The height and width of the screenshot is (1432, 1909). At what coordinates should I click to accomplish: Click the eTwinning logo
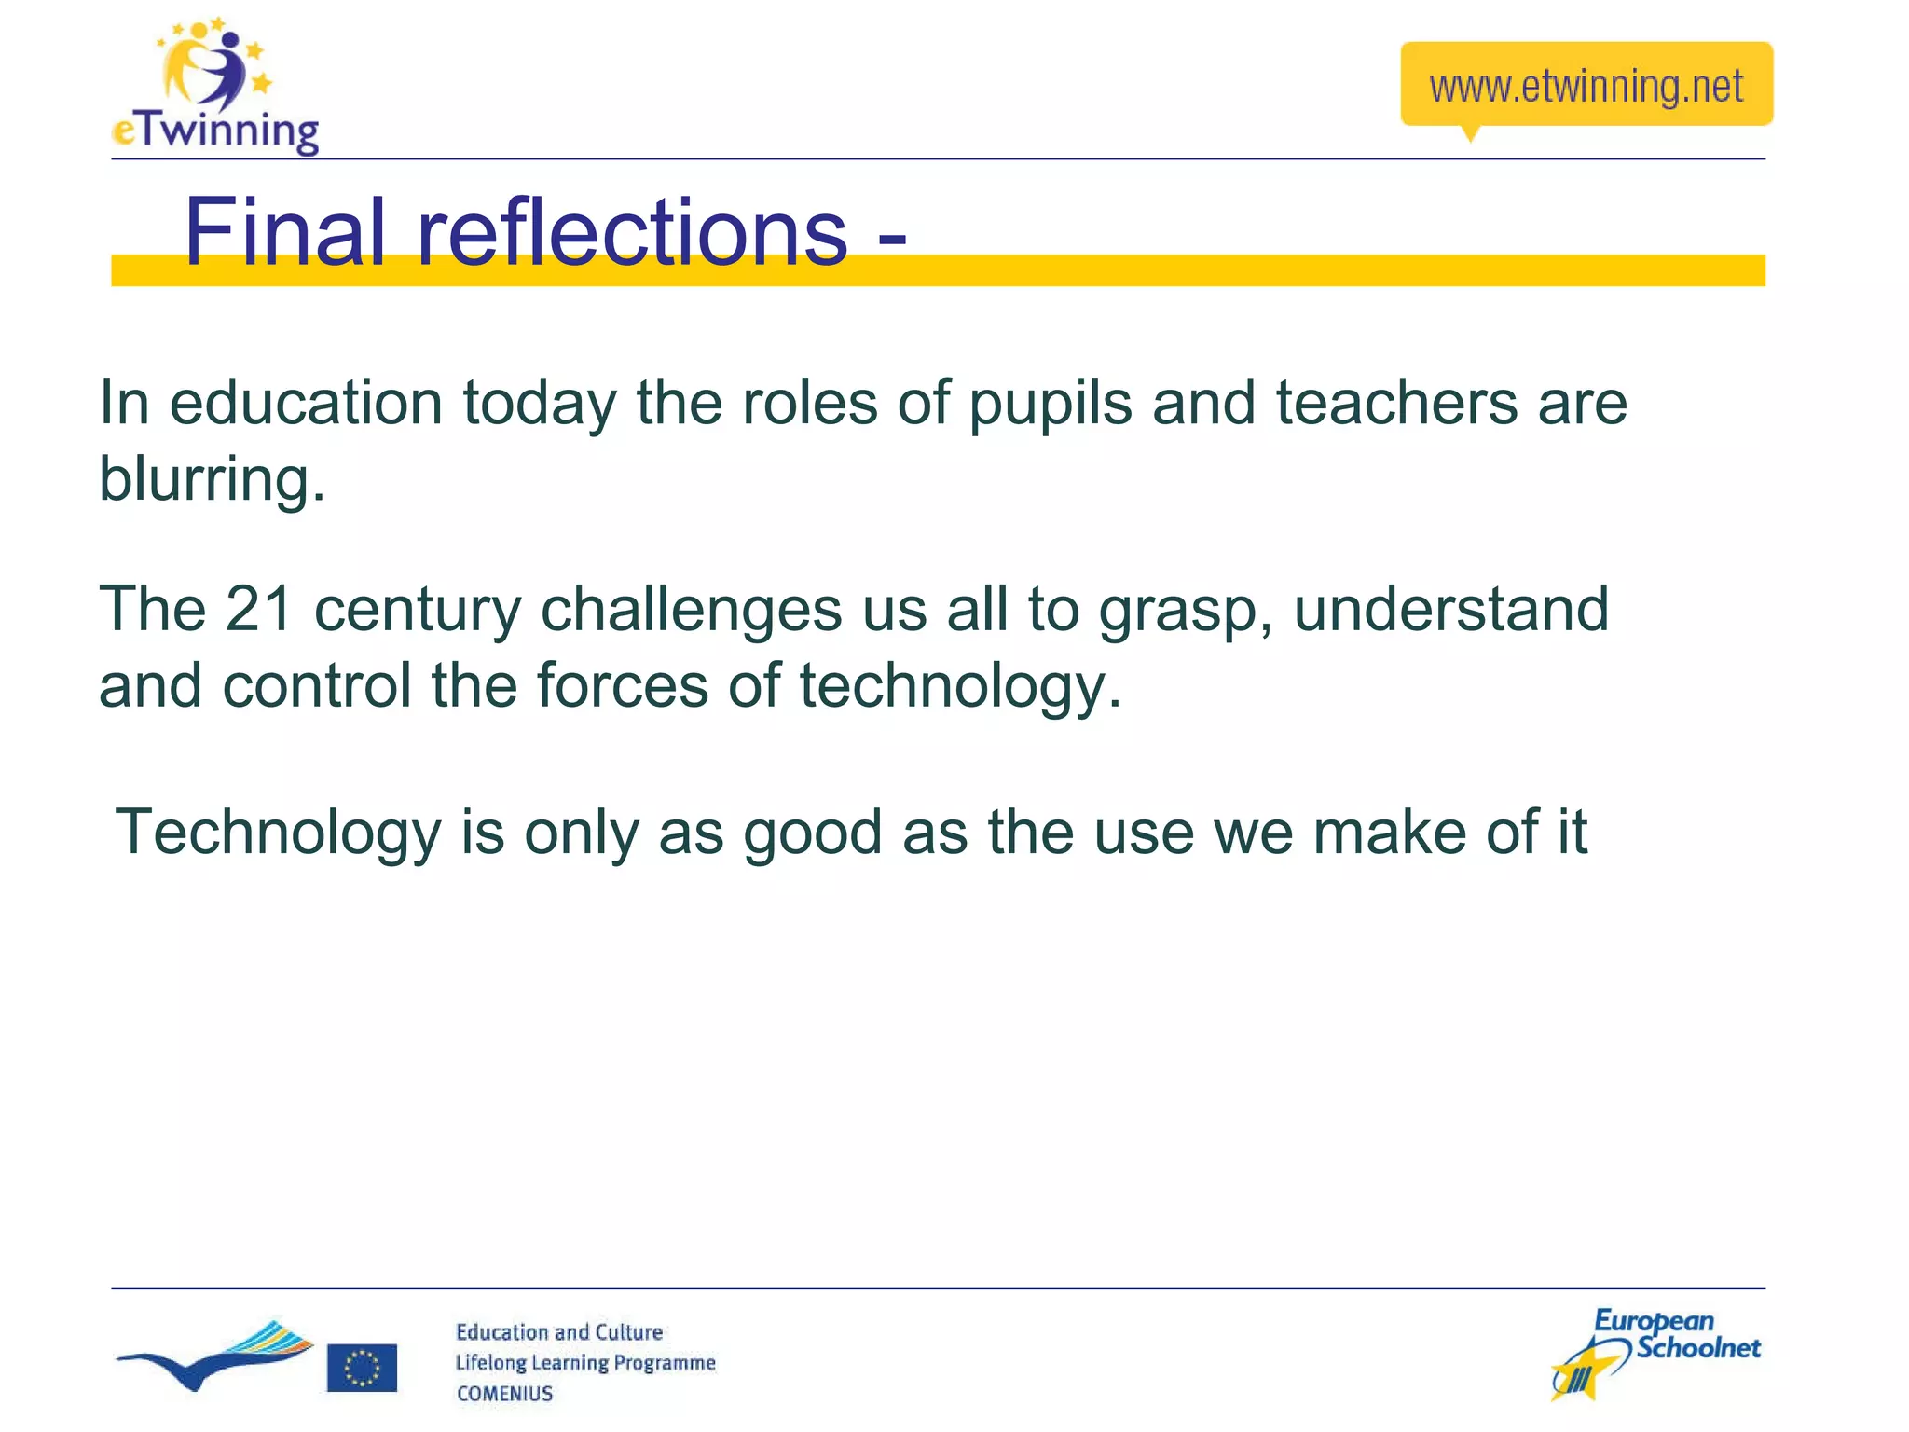click(x=215, y=89)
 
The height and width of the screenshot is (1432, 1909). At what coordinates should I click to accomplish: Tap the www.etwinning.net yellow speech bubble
click(x=1586, y=86)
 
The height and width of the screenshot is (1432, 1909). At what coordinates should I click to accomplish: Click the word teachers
click(x=1396, y=403)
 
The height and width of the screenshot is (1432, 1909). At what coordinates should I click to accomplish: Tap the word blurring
click(x=212, y=479)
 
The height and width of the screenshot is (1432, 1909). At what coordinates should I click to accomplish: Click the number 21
click(x=259, y=609)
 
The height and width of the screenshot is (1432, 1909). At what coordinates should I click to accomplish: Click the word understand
click(x=1450, y=609)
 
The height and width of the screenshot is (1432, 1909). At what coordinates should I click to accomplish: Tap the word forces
click(x=622, y=685)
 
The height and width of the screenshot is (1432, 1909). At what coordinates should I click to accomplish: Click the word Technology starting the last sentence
click(x=277, y=833)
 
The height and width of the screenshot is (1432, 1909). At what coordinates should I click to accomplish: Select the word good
click(x=812, y=833)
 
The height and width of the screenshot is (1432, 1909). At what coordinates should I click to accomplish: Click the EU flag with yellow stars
click(x=362, y=1368)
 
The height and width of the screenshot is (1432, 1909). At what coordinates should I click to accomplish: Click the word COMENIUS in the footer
click(x=504, y=1394)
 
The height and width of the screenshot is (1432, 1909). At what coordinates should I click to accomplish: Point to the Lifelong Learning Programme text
click(x=584, y=1363)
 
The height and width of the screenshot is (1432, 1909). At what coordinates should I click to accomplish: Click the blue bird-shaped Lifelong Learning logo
click(x=215, y=1356)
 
